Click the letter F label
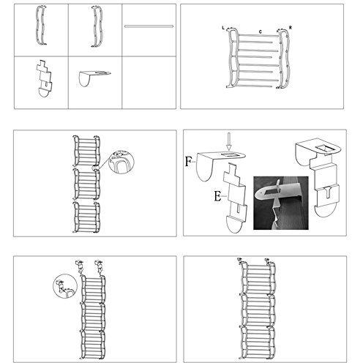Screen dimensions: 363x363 point(189,162)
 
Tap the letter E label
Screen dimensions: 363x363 point(217,196)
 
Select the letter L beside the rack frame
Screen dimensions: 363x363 point(223,28)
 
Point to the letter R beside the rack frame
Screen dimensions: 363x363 point(291,27)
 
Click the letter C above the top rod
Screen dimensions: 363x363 point(261,31)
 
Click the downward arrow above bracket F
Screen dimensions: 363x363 point(228,141)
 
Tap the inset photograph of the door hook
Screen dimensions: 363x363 point(281,203)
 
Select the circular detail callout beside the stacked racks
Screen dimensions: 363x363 point(121,161)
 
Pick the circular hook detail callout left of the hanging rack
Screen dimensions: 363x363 point(65,286)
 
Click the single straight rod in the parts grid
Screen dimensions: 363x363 point(149,26)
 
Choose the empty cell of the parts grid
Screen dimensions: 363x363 point(149,83)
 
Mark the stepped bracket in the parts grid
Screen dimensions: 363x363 point(45,78)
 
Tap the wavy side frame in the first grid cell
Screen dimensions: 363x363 point(41,26)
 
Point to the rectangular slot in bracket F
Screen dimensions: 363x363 point(228,155)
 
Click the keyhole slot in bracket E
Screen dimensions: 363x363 point(238,208)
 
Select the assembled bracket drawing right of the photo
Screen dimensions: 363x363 point(318,177)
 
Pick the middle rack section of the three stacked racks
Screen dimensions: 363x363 point(86,184)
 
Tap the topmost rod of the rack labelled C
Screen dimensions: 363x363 point(258,36)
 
